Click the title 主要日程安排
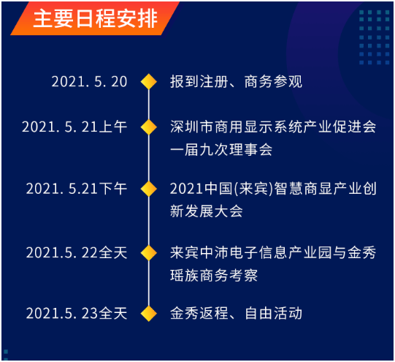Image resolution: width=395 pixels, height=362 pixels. click(x=96, y=18)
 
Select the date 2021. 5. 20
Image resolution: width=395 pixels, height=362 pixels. click(x=89, y=82)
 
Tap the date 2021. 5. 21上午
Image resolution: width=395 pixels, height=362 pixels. click(x=74, y=127)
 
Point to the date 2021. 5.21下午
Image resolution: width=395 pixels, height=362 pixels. click(x=77, y=189)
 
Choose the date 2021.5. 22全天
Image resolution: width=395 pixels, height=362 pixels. click(x=77, y=252)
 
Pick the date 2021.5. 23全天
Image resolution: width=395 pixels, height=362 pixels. click(x=77, y=313)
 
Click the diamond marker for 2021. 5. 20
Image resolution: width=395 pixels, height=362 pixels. click(x=149, y=82)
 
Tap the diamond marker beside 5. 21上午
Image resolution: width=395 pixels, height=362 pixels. click(x=149, y=127)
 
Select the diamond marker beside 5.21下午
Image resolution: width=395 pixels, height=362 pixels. click(x=149, y=189)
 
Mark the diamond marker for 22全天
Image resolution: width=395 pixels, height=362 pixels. click(x=149, y=253)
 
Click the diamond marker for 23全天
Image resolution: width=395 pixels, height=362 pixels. click(x=149, y=314)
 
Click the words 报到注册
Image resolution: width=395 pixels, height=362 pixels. click(x=199, y=82)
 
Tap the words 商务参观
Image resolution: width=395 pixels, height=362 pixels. click(x=273, y=82)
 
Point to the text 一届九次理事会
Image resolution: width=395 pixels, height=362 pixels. click(x=221, y=150)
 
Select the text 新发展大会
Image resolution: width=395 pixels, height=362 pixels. click(x=207, y=211)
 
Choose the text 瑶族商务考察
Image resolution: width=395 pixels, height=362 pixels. click(x=214, y=275)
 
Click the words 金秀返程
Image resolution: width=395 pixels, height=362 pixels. click(x=199, y=313)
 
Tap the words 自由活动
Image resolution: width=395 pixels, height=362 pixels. click(x=273, y=313)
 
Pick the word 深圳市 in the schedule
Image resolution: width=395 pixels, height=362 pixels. click(x=192, y=127)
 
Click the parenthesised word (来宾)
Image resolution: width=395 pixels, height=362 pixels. click(x=253, y=189)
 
